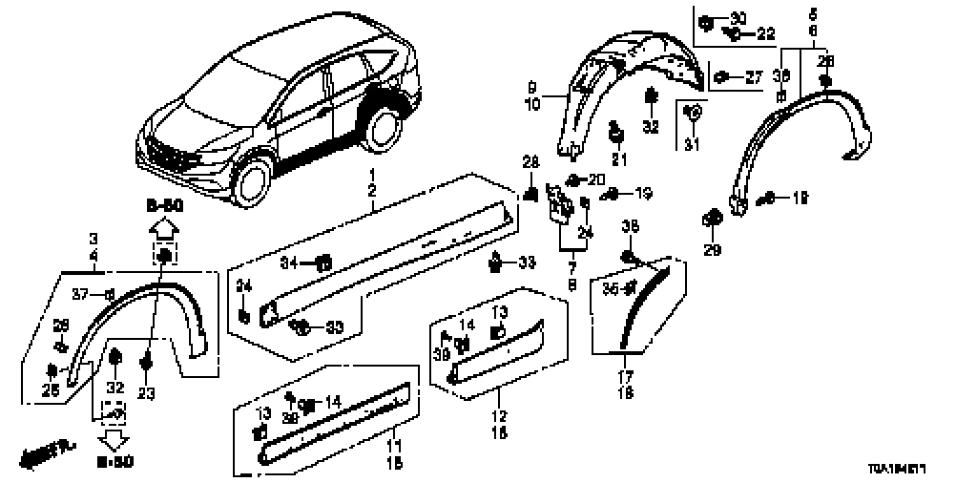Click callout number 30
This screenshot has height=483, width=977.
(738, 20)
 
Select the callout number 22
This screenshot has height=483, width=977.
(767, 33)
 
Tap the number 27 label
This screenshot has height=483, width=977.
(754, 78)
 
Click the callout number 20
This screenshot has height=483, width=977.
(596, 179)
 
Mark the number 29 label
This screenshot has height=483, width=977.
(713, 250)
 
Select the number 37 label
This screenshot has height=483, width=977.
(81, 293)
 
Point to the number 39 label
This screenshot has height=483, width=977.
(441, 354)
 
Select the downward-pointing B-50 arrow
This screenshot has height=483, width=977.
(115, 439)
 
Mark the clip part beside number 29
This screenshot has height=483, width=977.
(712, 219)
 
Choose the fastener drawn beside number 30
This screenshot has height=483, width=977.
(707, 21)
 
